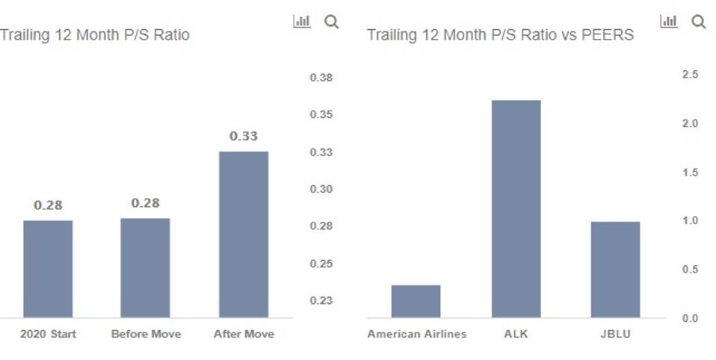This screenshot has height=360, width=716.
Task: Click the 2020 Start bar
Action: (x=48, y=269)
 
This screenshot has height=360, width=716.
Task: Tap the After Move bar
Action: (x=243, y=235)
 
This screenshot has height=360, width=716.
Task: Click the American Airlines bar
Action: (x=416, y=301)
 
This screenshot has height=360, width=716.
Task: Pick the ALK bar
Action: (x=516, y=209)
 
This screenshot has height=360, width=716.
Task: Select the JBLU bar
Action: (x=615, y=270)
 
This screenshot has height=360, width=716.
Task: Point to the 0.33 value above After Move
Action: (x=243, y=136)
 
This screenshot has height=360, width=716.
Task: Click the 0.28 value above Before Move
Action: (x=145, y=203)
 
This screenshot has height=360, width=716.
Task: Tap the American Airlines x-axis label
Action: (x=416, y=334)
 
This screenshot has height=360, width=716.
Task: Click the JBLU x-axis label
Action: (x=615, y=334)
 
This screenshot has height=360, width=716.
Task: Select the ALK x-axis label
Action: (x=516, y=334)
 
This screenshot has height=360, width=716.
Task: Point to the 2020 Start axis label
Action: (x=48, y=334)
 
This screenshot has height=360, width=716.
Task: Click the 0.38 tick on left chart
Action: (x=321, y=78)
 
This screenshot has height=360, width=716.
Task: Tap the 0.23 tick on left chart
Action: (x=321, y=300)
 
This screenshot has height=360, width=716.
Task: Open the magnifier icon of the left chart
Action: (x=331, y=22)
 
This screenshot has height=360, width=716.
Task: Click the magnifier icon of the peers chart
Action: (x=699, y=22)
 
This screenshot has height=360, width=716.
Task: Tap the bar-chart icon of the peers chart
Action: (x=668, y=22)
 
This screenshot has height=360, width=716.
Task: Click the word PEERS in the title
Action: (x=608, y=35)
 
